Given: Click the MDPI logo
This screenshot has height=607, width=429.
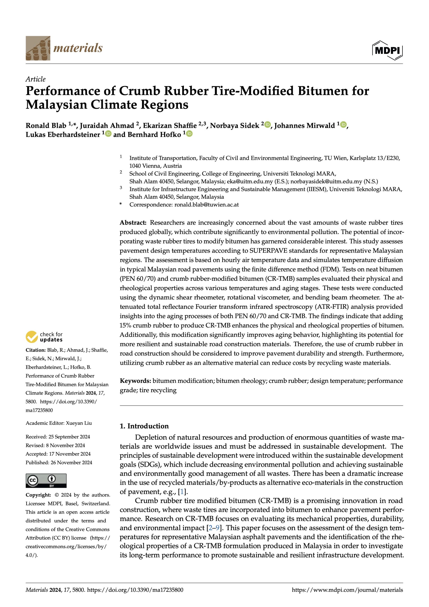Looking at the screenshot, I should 387,50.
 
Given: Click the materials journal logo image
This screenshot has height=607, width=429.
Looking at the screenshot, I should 38,48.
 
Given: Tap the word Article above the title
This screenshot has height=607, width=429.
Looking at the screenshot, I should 35,79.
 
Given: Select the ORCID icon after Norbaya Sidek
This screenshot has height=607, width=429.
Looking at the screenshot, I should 268,124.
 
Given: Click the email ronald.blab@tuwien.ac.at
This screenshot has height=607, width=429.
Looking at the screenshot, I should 206,205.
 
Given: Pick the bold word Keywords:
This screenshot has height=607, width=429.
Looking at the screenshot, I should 135,381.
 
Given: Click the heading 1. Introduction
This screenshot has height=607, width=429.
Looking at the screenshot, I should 144,426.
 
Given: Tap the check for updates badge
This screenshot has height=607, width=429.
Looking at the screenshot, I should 44,337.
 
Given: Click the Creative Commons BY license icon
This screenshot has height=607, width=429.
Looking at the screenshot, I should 46,481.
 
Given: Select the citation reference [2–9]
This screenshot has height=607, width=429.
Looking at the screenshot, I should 214,528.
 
